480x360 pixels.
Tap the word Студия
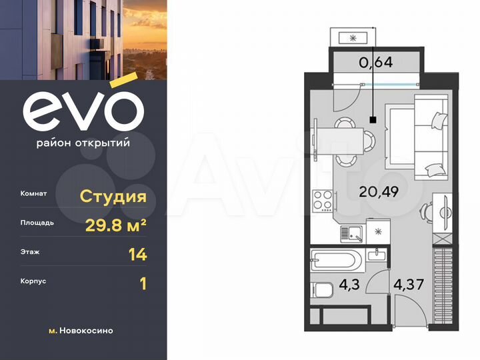(113, 196)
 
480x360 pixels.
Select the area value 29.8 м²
(116, 225)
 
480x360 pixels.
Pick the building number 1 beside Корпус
(142, 283)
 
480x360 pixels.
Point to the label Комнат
(33, 194)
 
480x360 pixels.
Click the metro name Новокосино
(87, 331)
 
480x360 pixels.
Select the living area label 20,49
(379, 193)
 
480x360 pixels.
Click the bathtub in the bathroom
(336, 259)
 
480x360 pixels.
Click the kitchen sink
(351, 233)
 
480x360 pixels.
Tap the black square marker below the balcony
(373, 120)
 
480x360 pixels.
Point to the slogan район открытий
(83, 142)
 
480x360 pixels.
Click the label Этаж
(30, 253)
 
